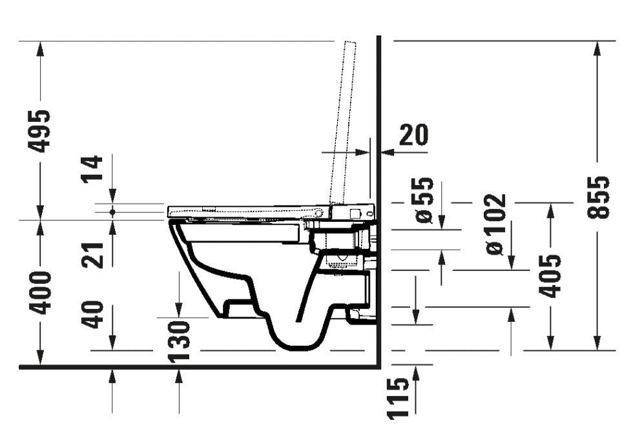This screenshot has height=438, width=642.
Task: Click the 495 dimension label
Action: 40,131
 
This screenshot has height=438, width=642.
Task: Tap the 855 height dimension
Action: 599,198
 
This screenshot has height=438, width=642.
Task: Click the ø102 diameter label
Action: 496,224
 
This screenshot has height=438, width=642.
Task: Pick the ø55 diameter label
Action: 424,200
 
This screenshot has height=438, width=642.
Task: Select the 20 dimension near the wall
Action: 413,135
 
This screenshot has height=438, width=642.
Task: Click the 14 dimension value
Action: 92,168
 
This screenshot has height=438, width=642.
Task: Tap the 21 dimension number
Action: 92,255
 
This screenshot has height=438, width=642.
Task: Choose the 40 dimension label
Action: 92,315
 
